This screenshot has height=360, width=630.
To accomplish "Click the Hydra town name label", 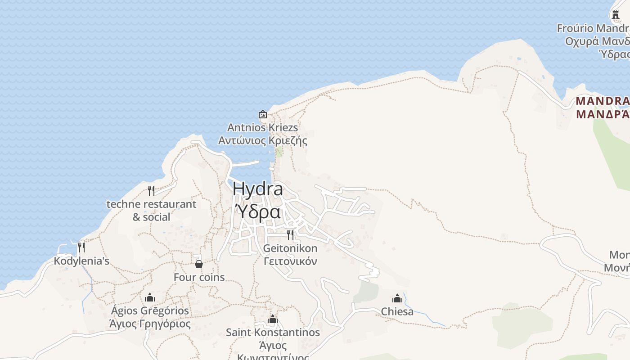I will click(258, 189).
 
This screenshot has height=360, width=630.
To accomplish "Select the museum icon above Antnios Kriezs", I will click(263, 114).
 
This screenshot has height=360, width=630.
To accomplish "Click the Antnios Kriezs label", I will click(263, 128).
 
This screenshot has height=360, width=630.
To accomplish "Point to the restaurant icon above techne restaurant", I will click(151, 191).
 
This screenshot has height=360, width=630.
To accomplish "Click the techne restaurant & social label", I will click(151, 211).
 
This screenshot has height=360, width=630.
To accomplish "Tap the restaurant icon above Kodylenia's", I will click(81, 247).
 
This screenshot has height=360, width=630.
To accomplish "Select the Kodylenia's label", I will click(81, 261).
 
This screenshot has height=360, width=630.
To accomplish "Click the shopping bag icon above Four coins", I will click(199, 264).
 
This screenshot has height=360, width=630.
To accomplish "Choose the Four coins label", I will click(199, 277).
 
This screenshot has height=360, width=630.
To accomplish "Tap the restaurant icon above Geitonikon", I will click(290, 234).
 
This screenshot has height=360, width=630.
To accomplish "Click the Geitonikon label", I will click(290, 248).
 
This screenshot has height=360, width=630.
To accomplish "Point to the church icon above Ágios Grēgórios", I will click(150, 297).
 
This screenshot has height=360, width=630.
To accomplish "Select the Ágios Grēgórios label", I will click(150, 311).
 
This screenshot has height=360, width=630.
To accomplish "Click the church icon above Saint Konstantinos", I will click(273, 319).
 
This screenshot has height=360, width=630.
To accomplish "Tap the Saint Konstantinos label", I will click(273, 333).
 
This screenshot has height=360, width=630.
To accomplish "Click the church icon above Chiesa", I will click(397, 298).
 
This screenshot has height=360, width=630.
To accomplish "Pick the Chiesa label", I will click(397, 311).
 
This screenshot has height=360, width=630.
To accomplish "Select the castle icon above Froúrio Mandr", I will click(616, 15).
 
